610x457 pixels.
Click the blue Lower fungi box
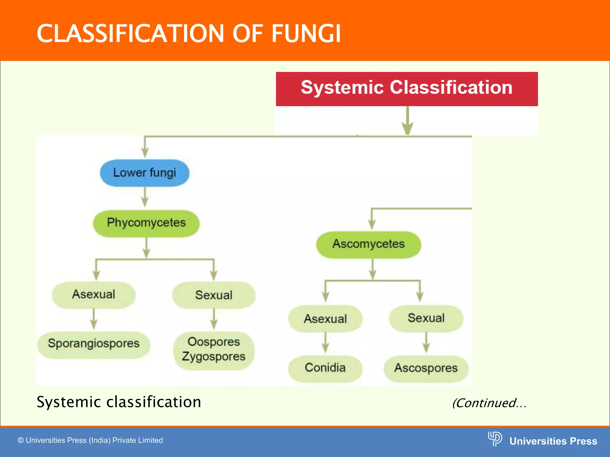tap(145, 173)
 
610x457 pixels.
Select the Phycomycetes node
tap(146, 223)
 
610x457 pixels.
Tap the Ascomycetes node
tap(368, 244)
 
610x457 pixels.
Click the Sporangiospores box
tap(94, 344)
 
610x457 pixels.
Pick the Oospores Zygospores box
tap(214, 350)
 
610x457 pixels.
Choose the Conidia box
tap(325, 368)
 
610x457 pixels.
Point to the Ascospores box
tap(426, 368)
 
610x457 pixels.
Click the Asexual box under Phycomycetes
tap(94, 295)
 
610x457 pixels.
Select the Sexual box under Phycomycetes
tap(214, 295)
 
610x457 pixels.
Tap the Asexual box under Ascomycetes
tap(325, 319)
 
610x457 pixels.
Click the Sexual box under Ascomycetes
tap(426, 318)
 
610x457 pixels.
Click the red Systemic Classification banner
tap(407, 88)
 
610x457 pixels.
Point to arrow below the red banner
tap(407, 120)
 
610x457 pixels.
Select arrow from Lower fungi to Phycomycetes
tap(145, 197)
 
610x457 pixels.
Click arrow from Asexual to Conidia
tap(325, 343)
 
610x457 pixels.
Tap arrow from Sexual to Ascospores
tap(426, 343)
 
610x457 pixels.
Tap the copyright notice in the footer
tap(90, 440)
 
